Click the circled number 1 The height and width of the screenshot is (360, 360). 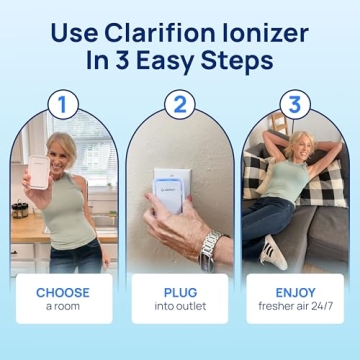(x=64, y=104)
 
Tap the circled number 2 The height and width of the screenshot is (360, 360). (x=180, y=104)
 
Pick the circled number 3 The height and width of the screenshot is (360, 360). (x=295, y=104)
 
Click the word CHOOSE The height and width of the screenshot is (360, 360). (x=63, y=293)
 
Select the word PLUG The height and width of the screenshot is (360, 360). (x=180, y=293)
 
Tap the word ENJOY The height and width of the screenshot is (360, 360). (x=296, y=293)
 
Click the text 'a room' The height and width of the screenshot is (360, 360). (x=63, y=307)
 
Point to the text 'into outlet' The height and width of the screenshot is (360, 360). (x=180, y=307)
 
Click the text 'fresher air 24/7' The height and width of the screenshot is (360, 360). (x=296, y=307)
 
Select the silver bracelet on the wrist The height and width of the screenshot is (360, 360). (x=210, y=245)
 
